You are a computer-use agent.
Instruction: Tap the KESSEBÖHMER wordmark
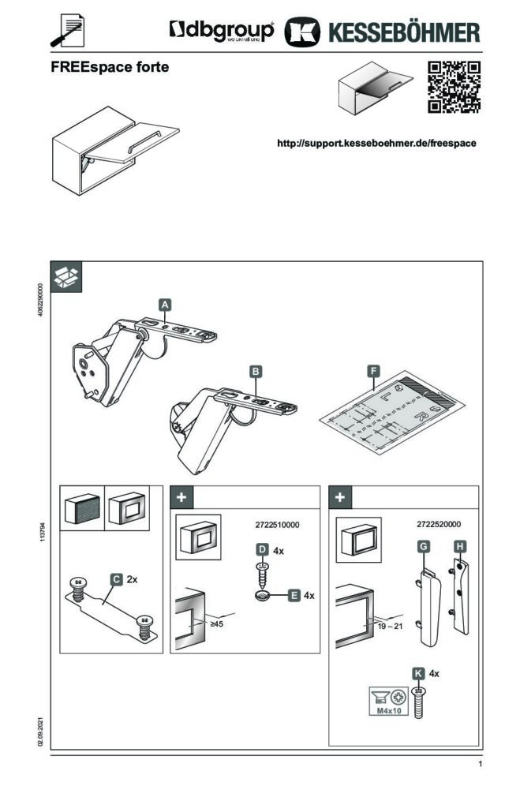(402, 32)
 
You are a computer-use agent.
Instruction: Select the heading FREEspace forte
(110, 68)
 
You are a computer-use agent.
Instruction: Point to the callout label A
(164, 304)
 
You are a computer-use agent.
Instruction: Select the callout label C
(116, 579)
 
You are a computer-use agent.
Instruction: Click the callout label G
(423, 545)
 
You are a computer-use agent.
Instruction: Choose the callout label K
(418, 673)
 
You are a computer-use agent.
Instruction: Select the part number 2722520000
(438, 524)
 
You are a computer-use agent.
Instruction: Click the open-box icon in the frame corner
(67, 275)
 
